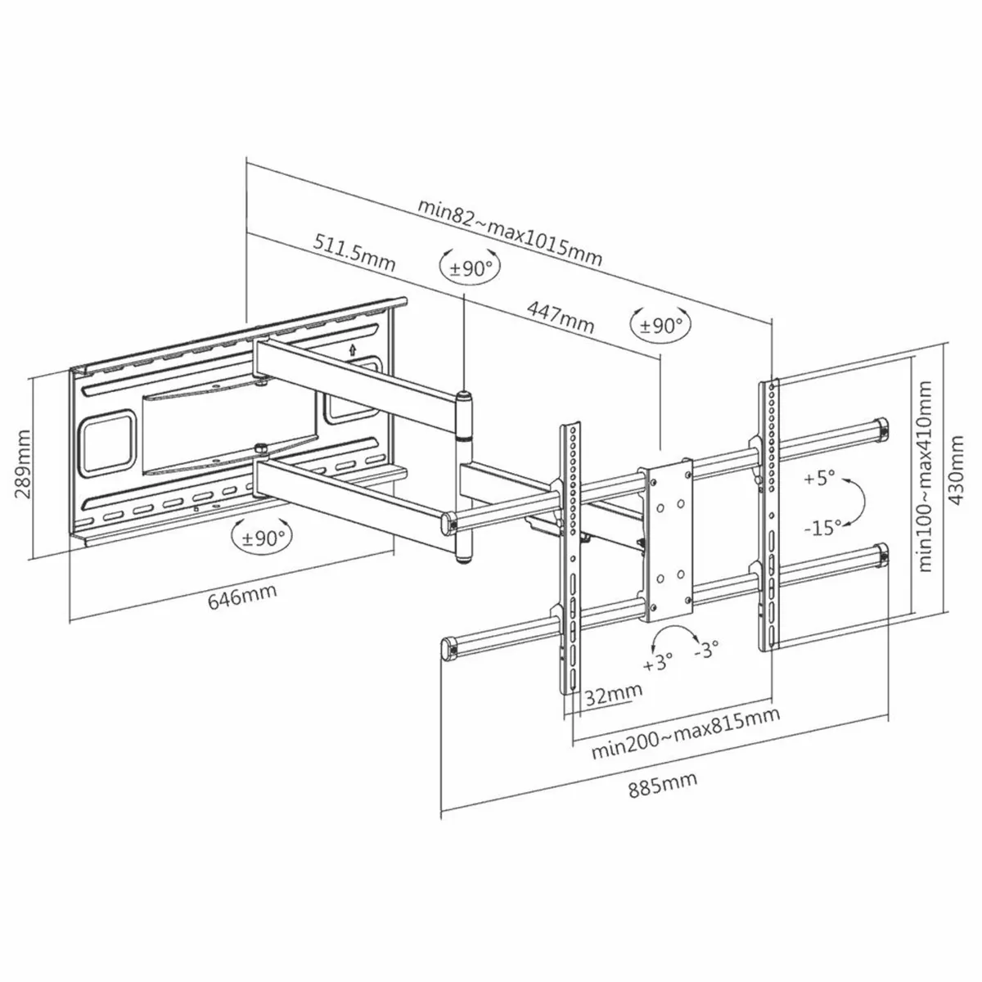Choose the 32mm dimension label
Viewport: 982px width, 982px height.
[613, 694]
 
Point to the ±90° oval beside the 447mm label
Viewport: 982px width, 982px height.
[660, 325]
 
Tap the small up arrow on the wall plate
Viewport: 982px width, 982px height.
[352, 349]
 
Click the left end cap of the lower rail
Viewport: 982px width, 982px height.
[449, 649]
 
